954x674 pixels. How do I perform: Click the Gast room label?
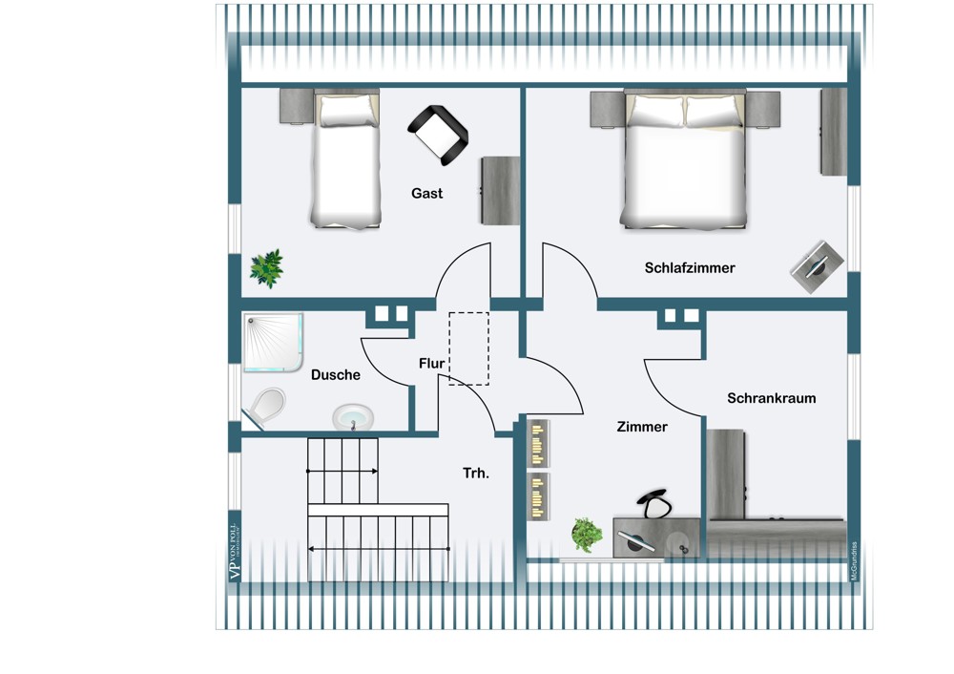tap(426, 193)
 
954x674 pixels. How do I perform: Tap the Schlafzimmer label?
tap(689, 268)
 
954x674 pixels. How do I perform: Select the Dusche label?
tap(336, 375)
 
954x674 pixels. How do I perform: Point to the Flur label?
tap(431, 363)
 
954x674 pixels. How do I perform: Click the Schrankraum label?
tap(771, 398)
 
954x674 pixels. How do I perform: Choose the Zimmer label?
tap(641, 427)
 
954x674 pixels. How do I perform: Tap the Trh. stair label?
tap(476, 473)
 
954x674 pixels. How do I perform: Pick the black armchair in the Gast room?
tap(439, 133)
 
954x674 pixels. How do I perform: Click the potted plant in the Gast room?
tap(266, 268)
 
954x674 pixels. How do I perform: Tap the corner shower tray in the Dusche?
tap(272, 342)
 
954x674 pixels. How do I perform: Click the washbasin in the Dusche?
tap(353, 416)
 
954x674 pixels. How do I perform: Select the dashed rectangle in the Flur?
tap(468, 348)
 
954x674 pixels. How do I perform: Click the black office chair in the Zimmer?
tap(653, 502)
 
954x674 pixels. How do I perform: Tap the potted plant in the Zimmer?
tap(586, 535)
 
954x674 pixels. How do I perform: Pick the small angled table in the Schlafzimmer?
tap(818, 264)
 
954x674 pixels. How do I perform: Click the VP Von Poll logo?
tap(233, 553)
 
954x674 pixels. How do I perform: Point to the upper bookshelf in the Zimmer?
tap(539, 443)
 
